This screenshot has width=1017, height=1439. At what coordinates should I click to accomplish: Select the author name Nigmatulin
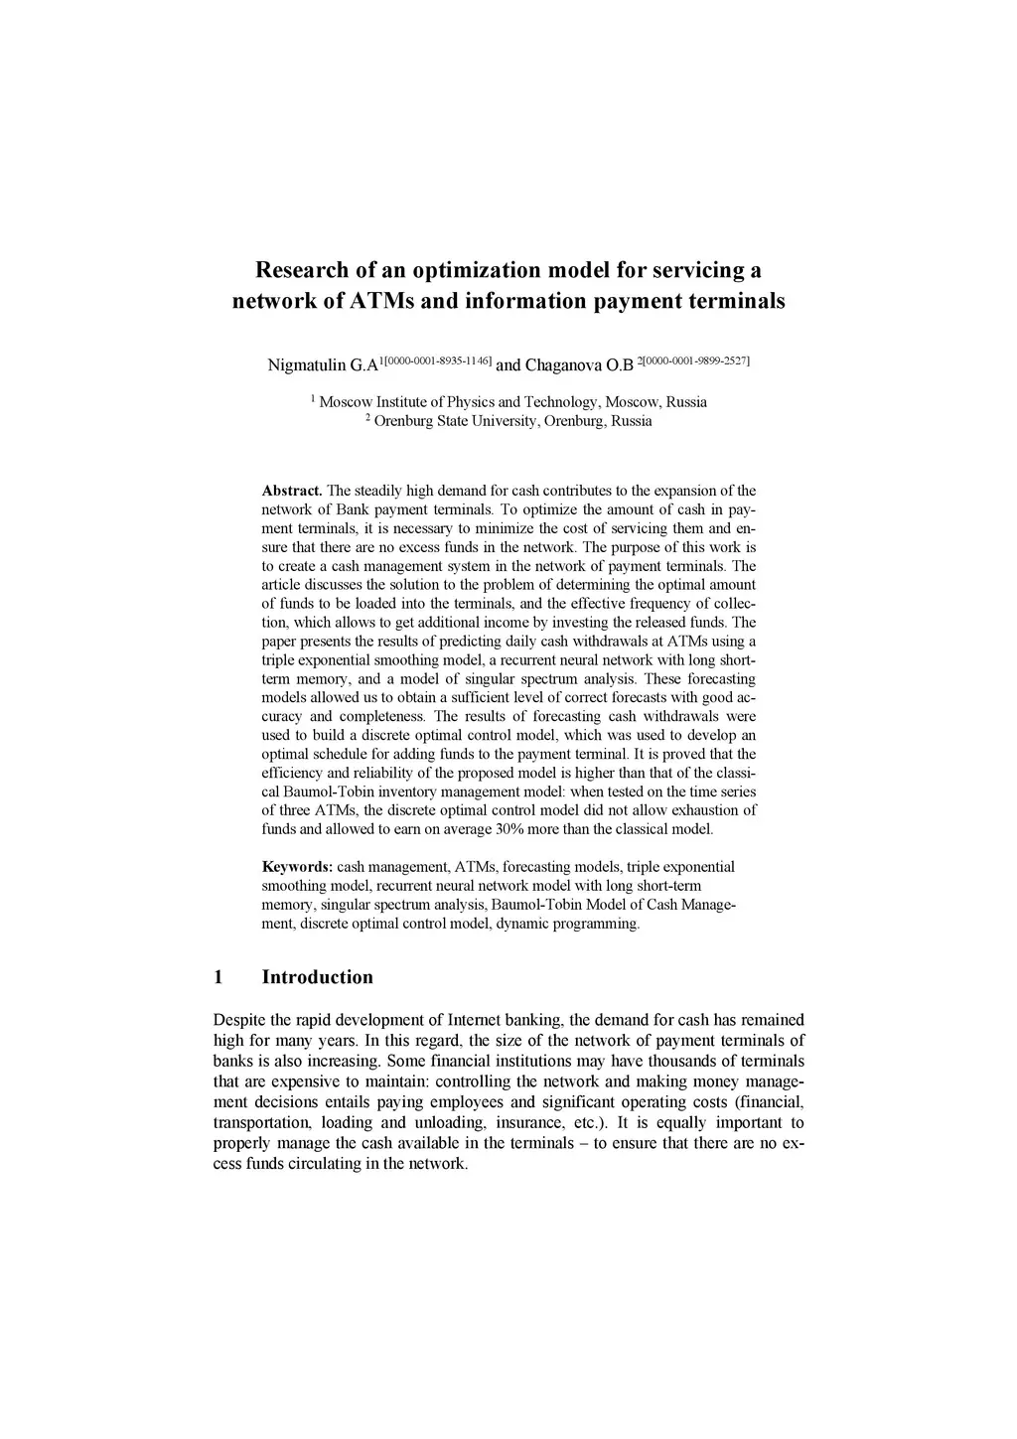click(x=307, y=365)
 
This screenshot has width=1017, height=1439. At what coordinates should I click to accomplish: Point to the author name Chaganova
click(x=563, y=365)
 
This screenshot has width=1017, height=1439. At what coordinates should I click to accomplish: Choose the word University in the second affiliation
click(x=500, y=421)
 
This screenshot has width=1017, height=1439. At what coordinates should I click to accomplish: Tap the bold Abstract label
click(x=291, y=491)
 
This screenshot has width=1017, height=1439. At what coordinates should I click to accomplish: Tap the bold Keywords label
click(x=297, y=867)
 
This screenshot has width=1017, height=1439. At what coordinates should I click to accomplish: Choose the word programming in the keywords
click(x=598, y=924)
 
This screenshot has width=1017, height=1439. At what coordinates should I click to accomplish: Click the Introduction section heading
click(x=317, y=977)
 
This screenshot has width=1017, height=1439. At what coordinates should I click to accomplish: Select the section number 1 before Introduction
click(x=218, y=977)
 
